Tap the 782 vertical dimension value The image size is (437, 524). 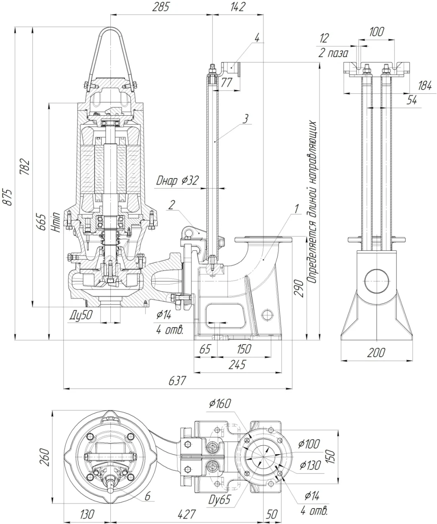(25, 166)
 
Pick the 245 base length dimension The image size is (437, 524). (237, 364)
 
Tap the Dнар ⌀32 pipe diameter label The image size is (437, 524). (177, 181)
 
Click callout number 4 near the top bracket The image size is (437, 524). (257, 38)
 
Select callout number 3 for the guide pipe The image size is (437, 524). (246, 118)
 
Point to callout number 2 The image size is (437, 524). (171, 205)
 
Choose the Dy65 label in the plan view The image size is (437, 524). (219, 499)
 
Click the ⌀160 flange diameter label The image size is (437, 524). (219, 404)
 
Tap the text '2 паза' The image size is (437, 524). (334, 53)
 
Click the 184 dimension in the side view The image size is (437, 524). (425, 85)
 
